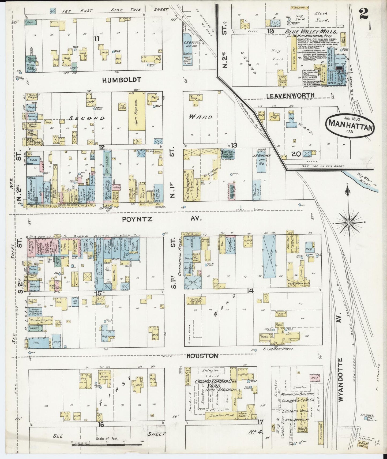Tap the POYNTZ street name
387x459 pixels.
(x=137, y=219)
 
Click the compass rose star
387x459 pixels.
(x=349, y=223)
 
